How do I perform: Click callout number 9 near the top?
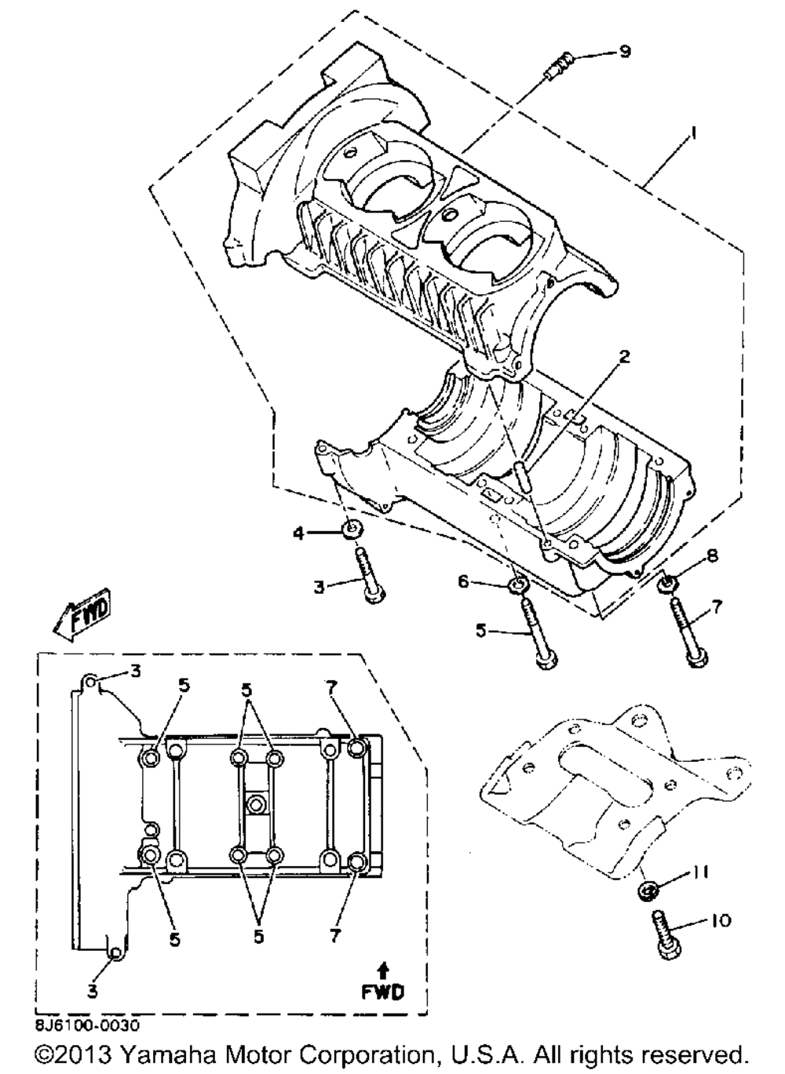coord(625,52)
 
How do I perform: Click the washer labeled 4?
coord(352,531)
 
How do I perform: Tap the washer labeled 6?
coord(518,586)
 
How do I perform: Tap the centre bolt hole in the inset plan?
coord(255,805)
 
